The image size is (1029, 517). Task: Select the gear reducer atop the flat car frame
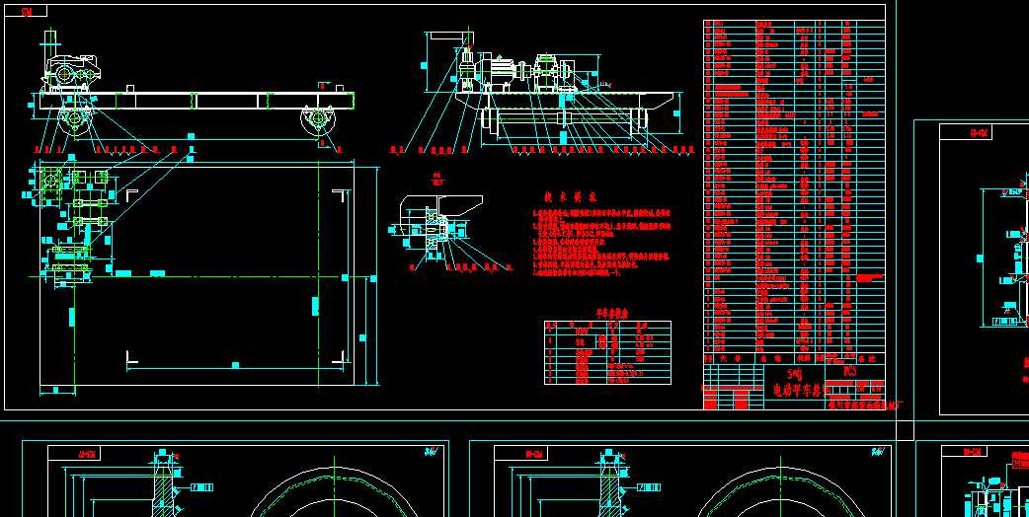pyautogui.click(x=70, y=75)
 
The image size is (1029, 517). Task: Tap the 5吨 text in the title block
pyautogui.click(x=790, y=375)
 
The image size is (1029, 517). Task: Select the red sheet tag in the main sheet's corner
pyautogui.click(x=27, y=11)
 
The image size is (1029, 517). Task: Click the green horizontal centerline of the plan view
pyautogui.click(x=198, y=275)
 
